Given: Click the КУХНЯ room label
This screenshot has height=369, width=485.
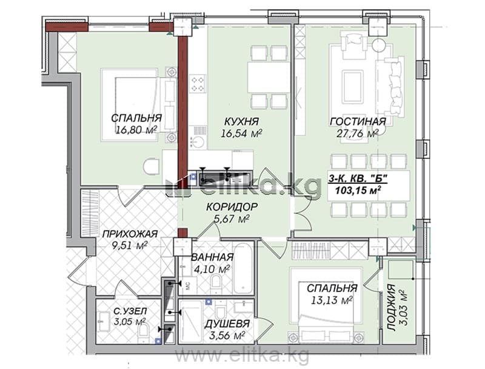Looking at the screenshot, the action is click(x=241, y=121).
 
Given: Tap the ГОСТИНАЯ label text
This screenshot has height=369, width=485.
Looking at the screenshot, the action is click(x=358, y=121).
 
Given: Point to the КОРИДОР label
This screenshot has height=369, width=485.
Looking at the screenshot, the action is click(x=232, y=206).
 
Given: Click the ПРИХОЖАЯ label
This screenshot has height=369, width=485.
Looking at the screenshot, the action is click(x=130, y=234).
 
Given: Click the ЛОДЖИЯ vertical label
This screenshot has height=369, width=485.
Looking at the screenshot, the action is click(x=392, y=308).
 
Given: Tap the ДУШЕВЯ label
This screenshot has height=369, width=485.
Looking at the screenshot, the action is click(x=227, y=324).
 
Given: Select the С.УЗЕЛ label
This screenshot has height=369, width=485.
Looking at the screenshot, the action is click(x=130, y=311).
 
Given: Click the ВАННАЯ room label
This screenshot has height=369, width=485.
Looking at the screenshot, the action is click(x=212, y=257).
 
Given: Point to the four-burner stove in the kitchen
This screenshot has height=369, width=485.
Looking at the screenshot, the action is click(x=198, y=84).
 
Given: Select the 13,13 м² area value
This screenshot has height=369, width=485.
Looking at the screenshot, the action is click(x=332, y=300).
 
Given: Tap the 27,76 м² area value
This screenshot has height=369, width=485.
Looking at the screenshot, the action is click(x=358, y=134).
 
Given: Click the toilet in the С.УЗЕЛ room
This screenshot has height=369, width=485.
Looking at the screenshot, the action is click(x=143, y=333).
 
